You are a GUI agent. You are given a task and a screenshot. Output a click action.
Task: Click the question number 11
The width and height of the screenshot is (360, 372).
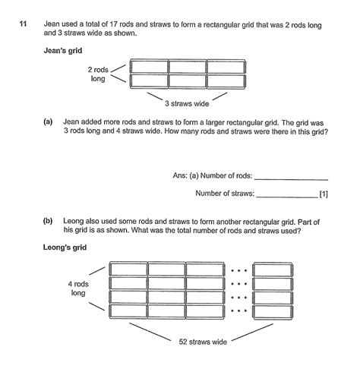click(x=23, y=26)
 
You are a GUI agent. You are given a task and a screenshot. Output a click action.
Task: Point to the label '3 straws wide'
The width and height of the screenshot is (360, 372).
click(x=186, y=104)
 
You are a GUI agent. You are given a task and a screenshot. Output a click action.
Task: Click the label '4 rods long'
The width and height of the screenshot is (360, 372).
click(x=78, y=288)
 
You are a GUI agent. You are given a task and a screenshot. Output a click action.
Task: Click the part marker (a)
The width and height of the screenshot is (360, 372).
click(x=49, y=121)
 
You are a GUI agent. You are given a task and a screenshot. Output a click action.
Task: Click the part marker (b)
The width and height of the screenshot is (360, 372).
click(x=49, y=221)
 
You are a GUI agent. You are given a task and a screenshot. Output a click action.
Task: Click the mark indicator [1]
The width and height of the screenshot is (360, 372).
click(x=324, y=194)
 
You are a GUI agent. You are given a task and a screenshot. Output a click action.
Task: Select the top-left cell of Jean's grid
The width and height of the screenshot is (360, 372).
click(x=149, y=68)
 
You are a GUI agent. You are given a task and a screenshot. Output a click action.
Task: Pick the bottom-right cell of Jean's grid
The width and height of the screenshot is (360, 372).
click(x=226, y=80)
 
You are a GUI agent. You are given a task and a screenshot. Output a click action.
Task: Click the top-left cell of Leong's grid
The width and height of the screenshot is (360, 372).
click(x=128, y=269)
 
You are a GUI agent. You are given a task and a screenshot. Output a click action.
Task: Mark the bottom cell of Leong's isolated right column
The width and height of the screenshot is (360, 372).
click(x=271, y=310)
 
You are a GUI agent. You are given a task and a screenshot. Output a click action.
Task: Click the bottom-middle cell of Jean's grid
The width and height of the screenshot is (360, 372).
click(x=188, y=80)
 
